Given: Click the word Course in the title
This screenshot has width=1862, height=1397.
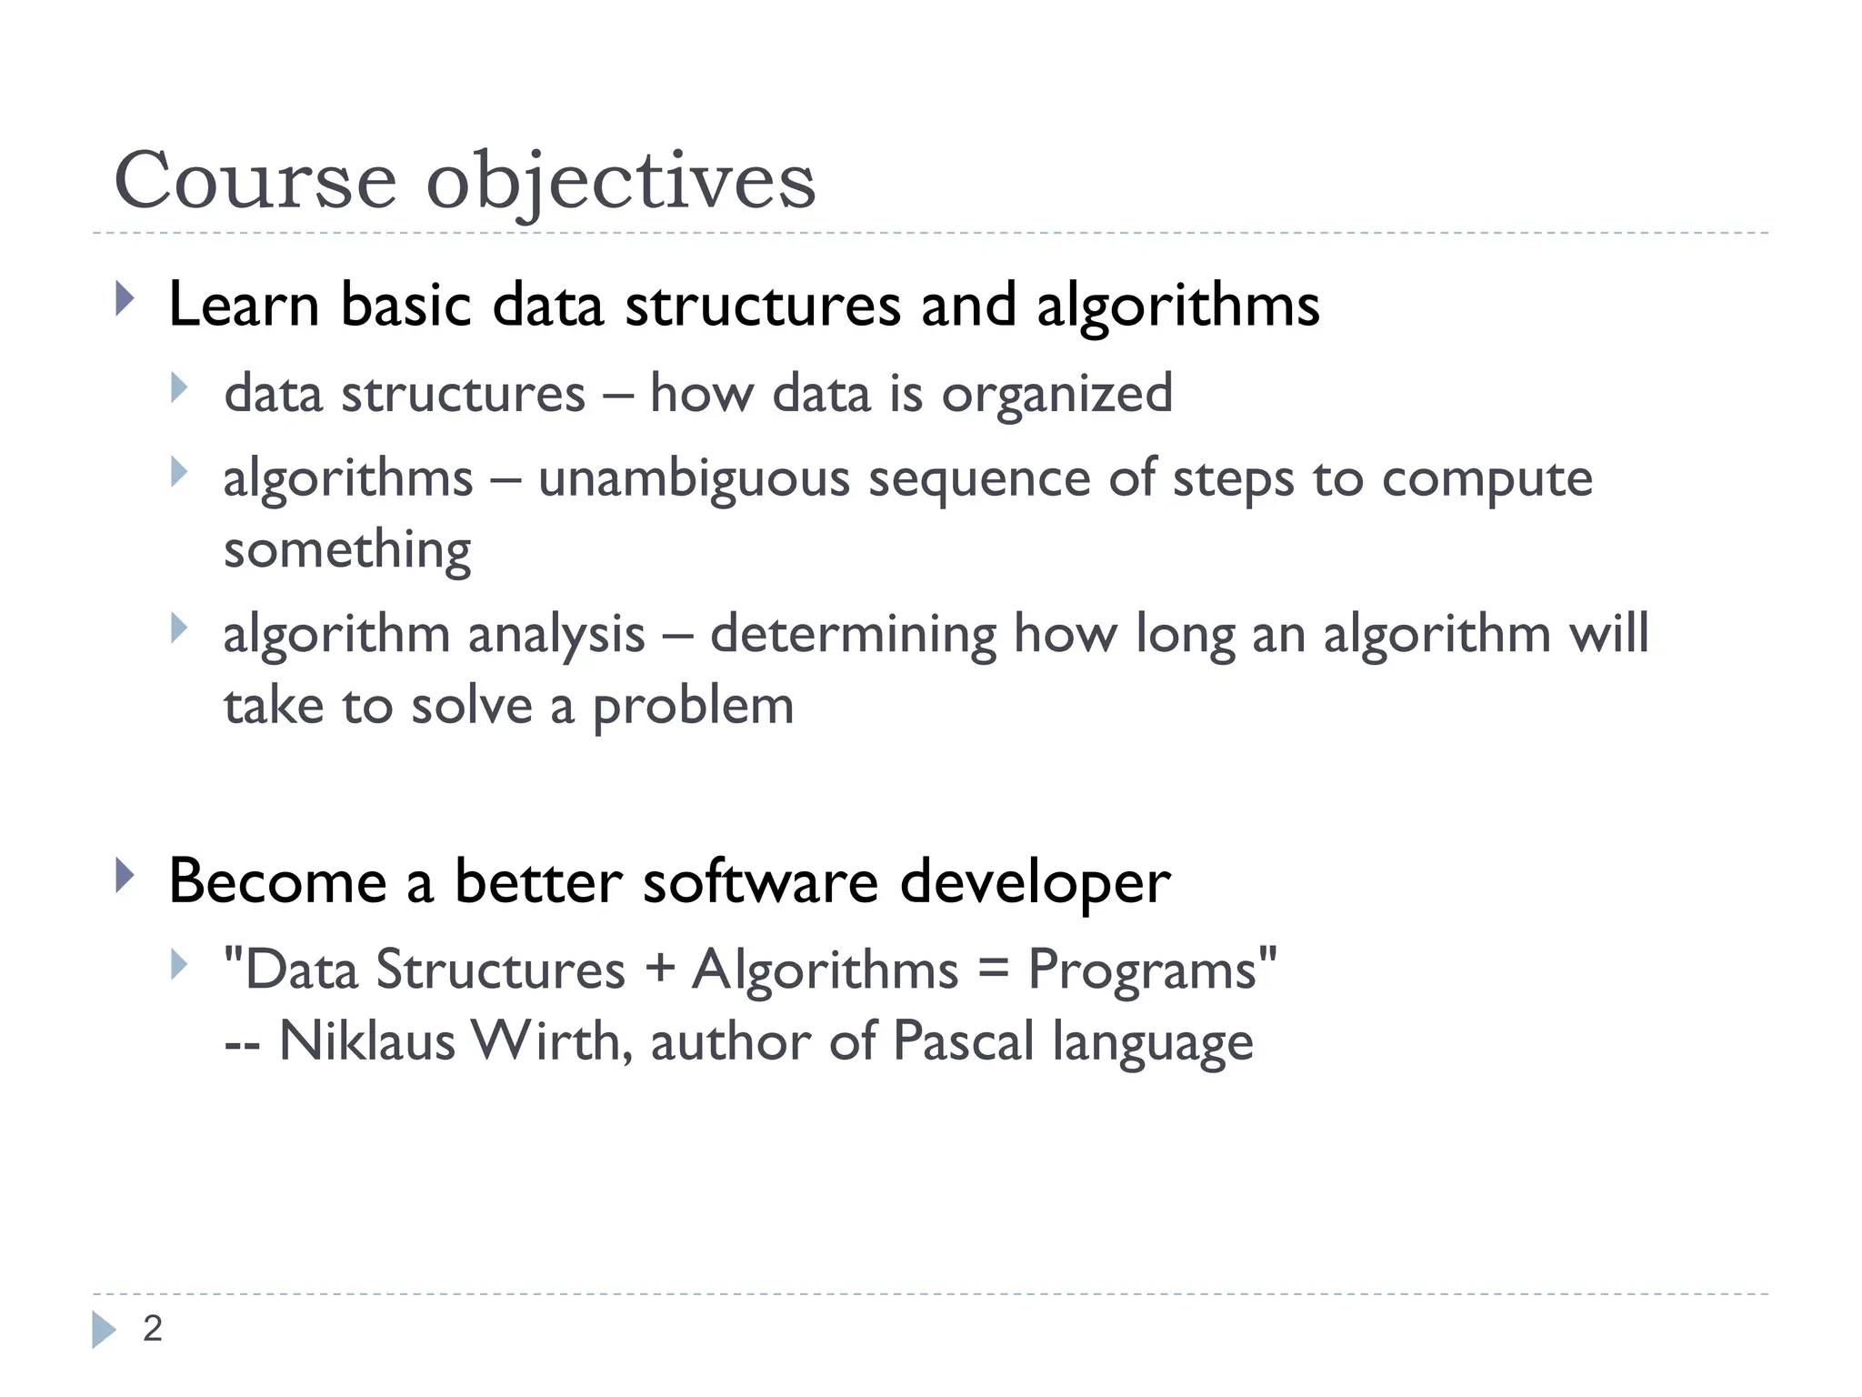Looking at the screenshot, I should point(255,180).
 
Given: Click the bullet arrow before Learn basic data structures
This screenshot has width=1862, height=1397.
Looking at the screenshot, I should point(125,299).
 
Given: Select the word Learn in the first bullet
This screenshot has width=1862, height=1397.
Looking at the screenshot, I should point(244,305).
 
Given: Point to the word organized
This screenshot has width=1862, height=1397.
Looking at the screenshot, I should point(1056,395).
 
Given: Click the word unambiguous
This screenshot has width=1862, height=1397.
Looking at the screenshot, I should point(694,479).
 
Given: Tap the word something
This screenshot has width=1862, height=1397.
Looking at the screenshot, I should point(347,550).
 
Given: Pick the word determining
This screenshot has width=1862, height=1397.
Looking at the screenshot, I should point(852,634).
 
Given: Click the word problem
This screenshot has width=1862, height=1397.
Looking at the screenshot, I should point(693,707).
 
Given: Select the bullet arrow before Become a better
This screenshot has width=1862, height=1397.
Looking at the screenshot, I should point(125,876).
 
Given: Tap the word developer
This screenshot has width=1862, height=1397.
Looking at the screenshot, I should point(1035,883).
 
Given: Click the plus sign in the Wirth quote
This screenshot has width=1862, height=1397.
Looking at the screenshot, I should point(659,968).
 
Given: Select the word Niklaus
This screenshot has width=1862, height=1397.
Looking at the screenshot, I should point(366,1041).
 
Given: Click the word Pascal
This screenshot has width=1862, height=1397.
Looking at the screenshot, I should point(963,1041).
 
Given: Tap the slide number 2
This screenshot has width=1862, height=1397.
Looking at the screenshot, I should point(153,1329).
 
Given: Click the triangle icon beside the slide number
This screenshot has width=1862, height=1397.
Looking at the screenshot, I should point(104,1330).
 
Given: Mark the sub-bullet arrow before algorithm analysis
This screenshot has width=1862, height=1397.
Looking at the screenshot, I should point(179,628).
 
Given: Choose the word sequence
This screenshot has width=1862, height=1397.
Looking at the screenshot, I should point(978,479).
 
